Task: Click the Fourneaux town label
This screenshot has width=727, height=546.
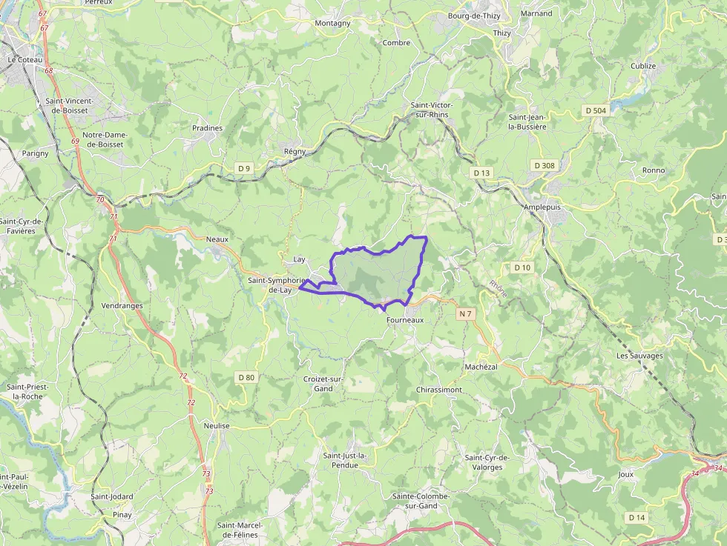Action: pyautogui.click(x=404, y=320)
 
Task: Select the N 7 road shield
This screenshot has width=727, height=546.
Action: pyautogui.click(x=465, y=314)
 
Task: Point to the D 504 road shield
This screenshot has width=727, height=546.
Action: pyautogui.click(x=595, y=110)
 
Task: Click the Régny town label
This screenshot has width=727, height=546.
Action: pyautogui.click(x=295, y=151)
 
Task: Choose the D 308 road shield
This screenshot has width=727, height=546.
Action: pyautogui.click(x=544, y=165)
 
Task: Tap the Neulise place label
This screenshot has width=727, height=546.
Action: pyautogui.click(x=217, y=426)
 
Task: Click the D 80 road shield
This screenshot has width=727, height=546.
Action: pyautogui.click(x=246, y=377)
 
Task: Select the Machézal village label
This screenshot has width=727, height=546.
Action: pyautogui.click(x=481, y=367)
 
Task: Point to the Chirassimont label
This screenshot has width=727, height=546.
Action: pyautogui.click(x=439, y=389)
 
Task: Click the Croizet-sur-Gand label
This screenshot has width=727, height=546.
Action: pyautogui.click(x=323, y=384)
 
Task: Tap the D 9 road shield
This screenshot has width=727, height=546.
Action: pyautogui.click(x=244, y=168)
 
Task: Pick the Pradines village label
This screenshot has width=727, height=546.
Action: pyautogui.click(x=207, y=128)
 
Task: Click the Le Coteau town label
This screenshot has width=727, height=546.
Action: pyautogui.click(x=26, y=59)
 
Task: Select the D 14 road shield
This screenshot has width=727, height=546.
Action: pyautogui.click(x=636, y=517)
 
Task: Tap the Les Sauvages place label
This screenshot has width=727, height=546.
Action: pyautogui.click(x=639, y=356)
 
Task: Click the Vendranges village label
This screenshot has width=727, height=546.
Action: pyautogui.click(x=122, y=305)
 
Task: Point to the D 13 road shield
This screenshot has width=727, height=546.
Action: pyautogui.click(x=481, y=173)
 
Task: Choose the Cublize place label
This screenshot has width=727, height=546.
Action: pyautogui.click(x=643, y=66)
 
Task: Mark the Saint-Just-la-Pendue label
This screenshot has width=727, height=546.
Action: pyautogui.click(x=345, y=460)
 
